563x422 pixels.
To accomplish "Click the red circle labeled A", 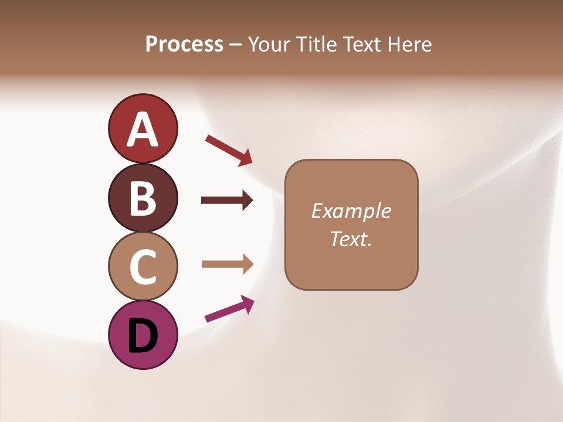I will (x=143, y=128).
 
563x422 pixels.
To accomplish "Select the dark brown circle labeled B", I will (x=143, y=198).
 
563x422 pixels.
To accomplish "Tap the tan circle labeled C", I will (x=143, y=266).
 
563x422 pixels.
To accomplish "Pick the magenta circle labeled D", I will (x=143, y=335).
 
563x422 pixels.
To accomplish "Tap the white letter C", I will (x=143, y=267).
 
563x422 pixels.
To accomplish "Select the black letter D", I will (x=143, y=336).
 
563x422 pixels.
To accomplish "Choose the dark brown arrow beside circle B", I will (x=227, y=200).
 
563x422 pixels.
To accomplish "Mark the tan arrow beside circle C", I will (x=227, y=264).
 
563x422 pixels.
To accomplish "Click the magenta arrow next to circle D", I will (x=229, y=309).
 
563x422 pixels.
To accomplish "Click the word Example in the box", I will (x=351, y=210).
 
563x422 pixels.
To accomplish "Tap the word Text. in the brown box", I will (x=351, y=239).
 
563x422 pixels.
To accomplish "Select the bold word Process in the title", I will (x=184, y=44).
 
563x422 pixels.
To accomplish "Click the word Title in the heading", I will (x=317, y=44).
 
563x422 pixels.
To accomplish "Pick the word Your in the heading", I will (x=270, y=44).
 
